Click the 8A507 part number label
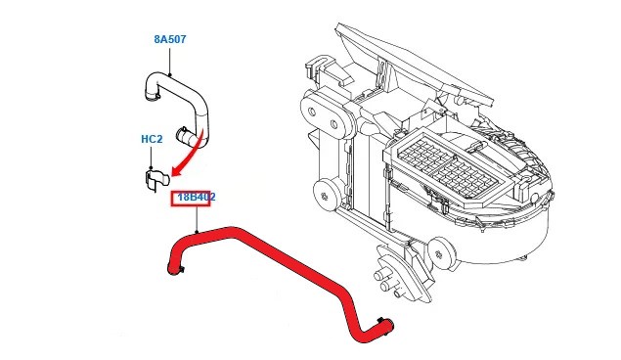tap(170, 39)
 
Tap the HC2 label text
tap(152, 139)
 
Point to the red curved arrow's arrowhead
tap(177, 171)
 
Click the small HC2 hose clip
tap(155, 179)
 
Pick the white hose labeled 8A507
tap(178, 107)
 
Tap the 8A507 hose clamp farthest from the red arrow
tap(153, 95)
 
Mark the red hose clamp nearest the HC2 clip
tap(177, 270)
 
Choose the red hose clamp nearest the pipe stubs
tap(382, 321)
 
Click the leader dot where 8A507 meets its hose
tap(170, 74)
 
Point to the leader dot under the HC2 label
tap(152, 168)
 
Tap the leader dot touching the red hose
tap(197, 232)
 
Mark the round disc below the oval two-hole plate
tap(326, 194)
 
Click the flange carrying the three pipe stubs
tap(400, 273)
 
